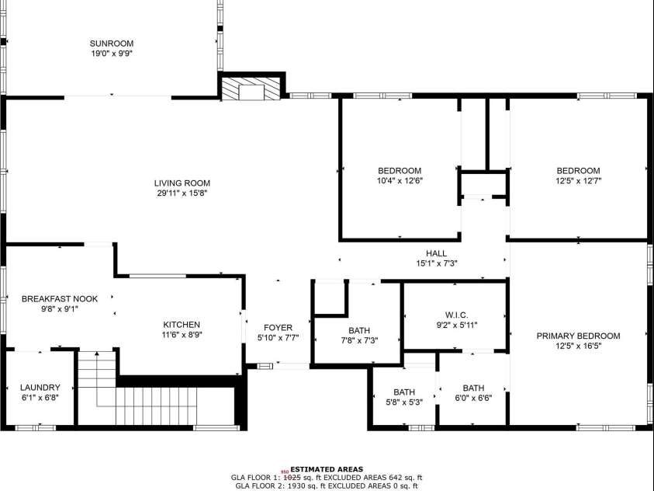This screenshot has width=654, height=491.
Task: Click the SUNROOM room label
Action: (111, 44)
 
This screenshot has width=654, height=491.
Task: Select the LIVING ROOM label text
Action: (182, 183)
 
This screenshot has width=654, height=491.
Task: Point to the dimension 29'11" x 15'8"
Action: (182, 193)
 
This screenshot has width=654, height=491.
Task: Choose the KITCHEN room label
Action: (182, 325)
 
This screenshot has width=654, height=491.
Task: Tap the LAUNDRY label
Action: (40, 387)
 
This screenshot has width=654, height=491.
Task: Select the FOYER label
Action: (278, 328)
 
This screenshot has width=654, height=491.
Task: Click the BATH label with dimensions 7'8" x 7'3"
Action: (359, 330)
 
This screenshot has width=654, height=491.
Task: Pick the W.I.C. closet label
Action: (455, 315)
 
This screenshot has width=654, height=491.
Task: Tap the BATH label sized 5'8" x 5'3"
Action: (403, 392)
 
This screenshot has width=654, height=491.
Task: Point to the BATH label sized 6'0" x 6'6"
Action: (473, 388)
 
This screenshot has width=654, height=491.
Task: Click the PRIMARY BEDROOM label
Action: (578, 336)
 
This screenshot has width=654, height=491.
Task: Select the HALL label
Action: (436, 253)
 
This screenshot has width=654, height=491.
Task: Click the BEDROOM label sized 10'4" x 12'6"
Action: (400, 171)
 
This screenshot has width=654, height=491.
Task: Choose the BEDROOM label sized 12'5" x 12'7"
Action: (578, 171)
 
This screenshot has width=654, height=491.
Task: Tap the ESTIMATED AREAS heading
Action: (326, 469)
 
